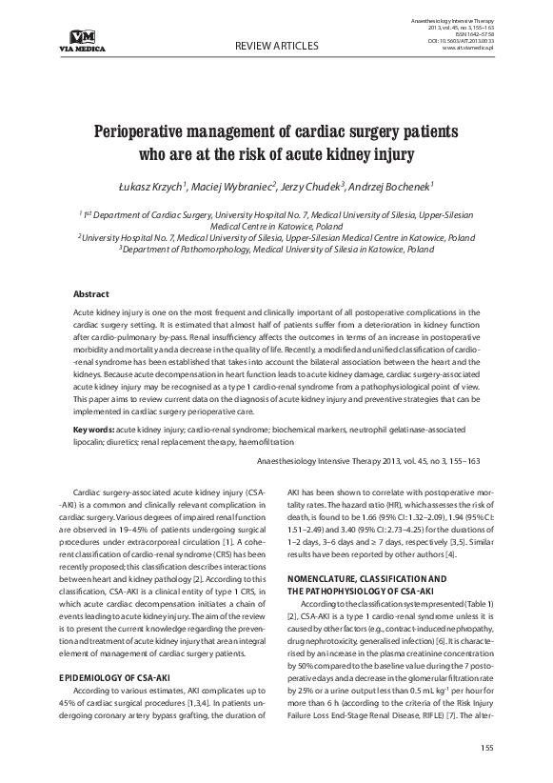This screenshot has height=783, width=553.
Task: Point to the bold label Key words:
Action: tap(99, 430)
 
